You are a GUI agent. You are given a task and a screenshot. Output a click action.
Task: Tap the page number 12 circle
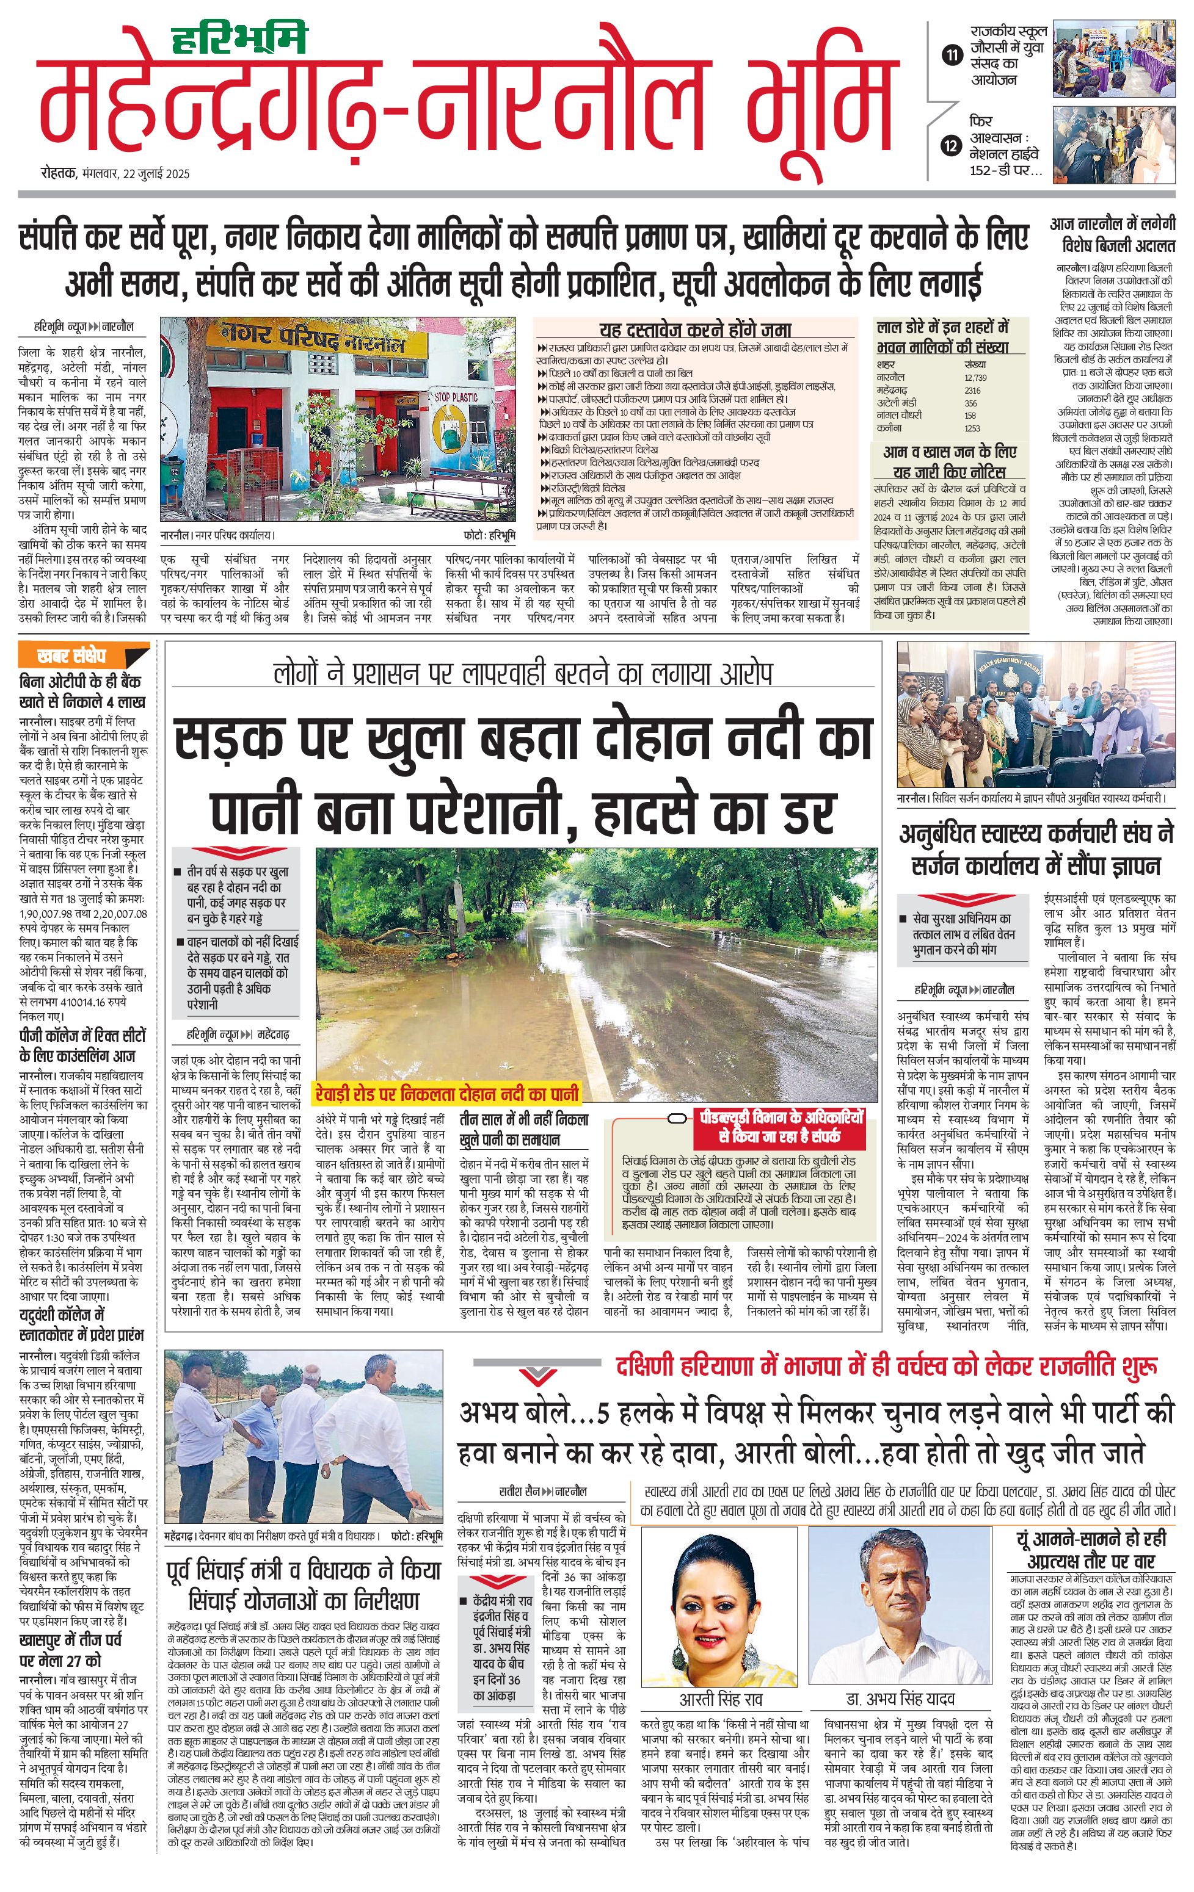tap(952, 145)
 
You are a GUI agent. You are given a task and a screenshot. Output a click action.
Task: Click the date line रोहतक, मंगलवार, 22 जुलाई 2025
tap(115, 175)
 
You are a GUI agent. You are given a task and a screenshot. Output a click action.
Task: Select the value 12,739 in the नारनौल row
tap(975, 378)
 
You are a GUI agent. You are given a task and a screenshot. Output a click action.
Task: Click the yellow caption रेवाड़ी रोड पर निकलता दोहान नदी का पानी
tap(446, 1093)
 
